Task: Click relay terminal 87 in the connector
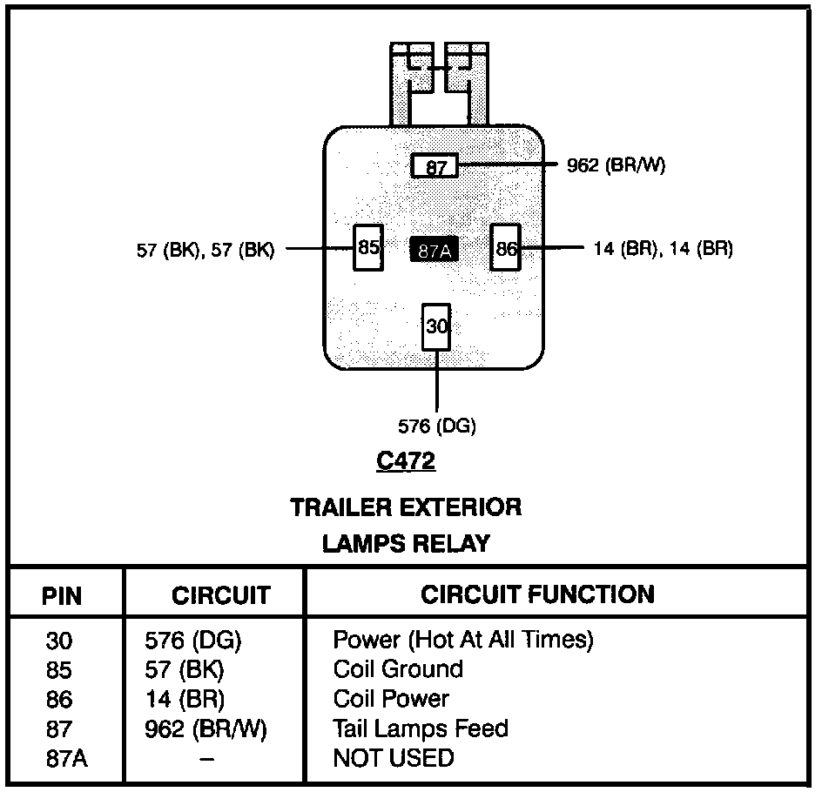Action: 435,165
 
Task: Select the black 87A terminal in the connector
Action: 434,250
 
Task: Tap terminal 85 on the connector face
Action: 367,248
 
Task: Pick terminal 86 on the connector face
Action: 505,248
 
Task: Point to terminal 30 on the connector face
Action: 436,326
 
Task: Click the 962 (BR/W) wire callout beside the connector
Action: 616,165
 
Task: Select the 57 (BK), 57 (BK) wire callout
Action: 205,250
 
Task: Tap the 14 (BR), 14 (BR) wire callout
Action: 664,249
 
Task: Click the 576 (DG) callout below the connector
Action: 437,426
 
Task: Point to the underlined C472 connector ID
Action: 406,461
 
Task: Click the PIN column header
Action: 62,596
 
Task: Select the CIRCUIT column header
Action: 221,596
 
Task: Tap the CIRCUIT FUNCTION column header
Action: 537,594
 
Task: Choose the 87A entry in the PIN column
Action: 66,759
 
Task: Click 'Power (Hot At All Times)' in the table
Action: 462,641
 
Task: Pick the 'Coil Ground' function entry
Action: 398,669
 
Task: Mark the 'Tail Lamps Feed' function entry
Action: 421,728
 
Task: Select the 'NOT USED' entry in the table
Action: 394,758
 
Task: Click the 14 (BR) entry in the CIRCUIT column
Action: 185,699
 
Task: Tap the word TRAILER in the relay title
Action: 340,507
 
